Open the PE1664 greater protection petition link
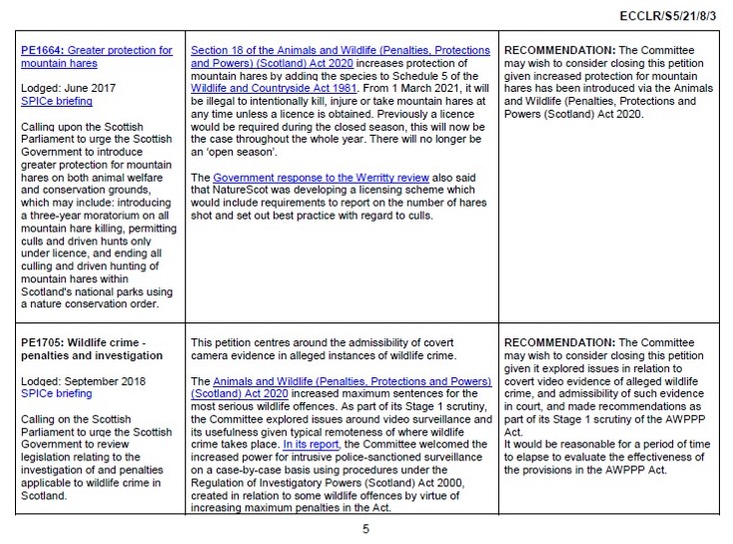(x=96, y=57)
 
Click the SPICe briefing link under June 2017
(x=56, y=101)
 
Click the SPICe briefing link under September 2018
(x=56, y=394)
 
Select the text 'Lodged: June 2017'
(x=68, y=88)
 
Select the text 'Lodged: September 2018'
(x=83, y=381)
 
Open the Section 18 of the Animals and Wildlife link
(x=340, y=50)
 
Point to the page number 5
(x=366, y=528)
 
